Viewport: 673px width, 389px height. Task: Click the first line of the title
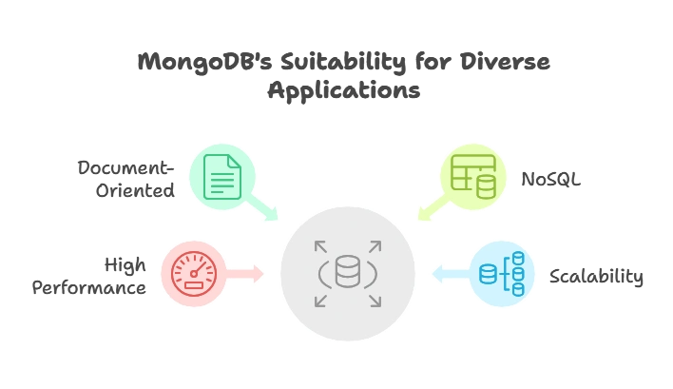tap(345, 63)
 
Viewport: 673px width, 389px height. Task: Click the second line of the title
tap(345, 93)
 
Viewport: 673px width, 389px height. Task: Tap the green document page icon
tap(222, 176)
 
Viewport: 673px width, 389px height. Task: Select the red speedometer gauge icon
tap(194, 274)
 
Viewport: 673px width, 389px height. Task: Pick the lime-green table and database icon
tap(472, 176)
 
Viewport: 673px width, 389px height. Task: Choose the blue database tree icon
tap(503, 274)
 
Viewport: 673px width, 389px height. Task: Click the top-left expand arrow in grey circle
tap(320, 246)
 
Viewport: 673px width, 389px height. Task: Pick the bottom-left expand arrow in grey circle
tap(320, 301)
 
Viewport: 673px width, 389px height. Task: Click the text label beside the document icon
tap(125, 178)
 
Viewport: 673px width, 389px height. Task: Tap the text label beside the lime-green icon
tap(550, 178)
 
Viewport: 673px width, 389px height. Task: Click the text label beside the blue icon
tap(597, 277)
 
